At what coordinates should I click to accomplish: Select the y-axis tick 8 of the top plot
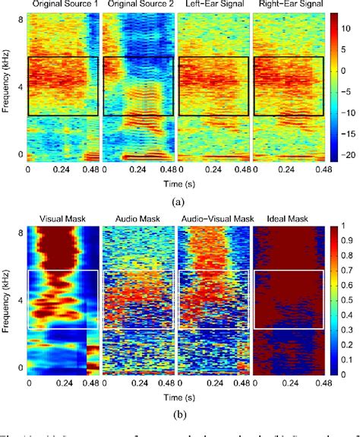click(21, 22)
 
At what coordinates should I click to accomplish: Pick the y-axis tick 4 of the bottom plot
click(21, 300)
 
